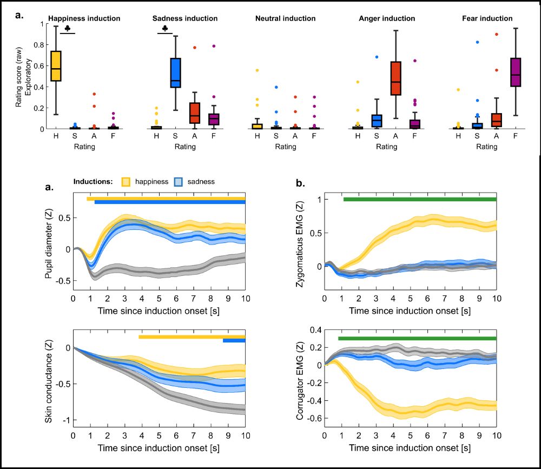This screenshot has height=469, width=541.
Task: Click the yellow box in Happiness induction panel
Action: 56,66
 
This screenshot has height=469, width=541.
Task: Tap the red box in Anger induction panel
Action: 395,78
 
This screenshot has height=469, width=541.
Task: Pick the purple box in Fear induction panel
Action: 516,71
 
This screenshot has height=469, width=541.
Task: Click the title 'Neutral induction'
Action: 285,18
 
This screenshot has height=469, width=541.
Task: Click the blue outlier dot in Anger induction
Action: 377,57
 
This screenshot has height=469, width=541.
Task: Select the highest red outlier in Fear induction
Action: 496,34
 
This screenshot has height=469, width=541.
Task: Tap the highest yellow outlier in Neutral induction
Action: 257,70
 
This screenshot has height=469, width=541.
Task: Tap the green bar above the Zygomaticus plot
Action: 420,199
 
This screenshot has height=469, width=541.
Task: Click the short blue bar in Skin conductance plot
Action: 234,341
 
